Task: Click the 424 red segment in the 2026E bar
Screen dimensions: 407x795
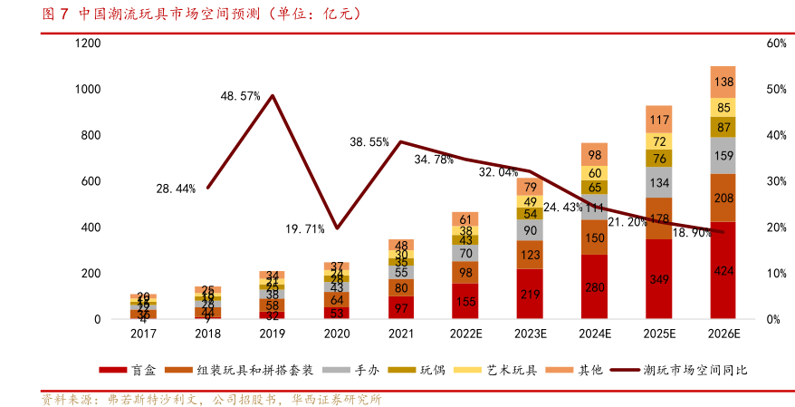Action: tap(723, 270)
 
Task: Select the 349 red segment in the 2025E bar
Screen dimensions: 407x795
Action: tap(658, 279)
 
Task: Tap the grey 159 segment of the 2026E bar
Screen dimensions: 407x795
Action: tap(723, 155)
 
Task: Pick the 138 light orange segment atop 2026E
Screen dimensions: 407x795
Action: tap(723, 82)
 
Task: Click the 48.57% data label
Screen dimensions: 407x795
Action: tap(241, 95)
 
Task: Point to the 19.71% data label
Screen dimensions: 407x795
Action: tap(304, 228)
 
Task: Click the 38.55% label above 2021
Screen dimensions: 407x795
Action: tap(369, 142)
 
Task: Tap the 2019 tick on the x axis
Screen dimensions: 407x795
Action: tap(273, 334)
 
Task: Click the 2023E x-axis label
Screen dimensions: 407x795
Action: tap(530, 334)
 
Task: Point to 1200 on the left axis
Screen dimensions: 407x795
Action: tap(88, 44)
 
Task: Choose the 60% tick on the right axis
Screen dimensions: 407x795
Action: tap(775, 44)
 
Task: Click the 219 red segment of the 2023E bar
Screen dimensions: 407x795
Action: tap(530, 294)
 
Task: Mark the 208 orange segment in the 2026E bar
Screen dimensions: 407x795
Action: tap(723, 198)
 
